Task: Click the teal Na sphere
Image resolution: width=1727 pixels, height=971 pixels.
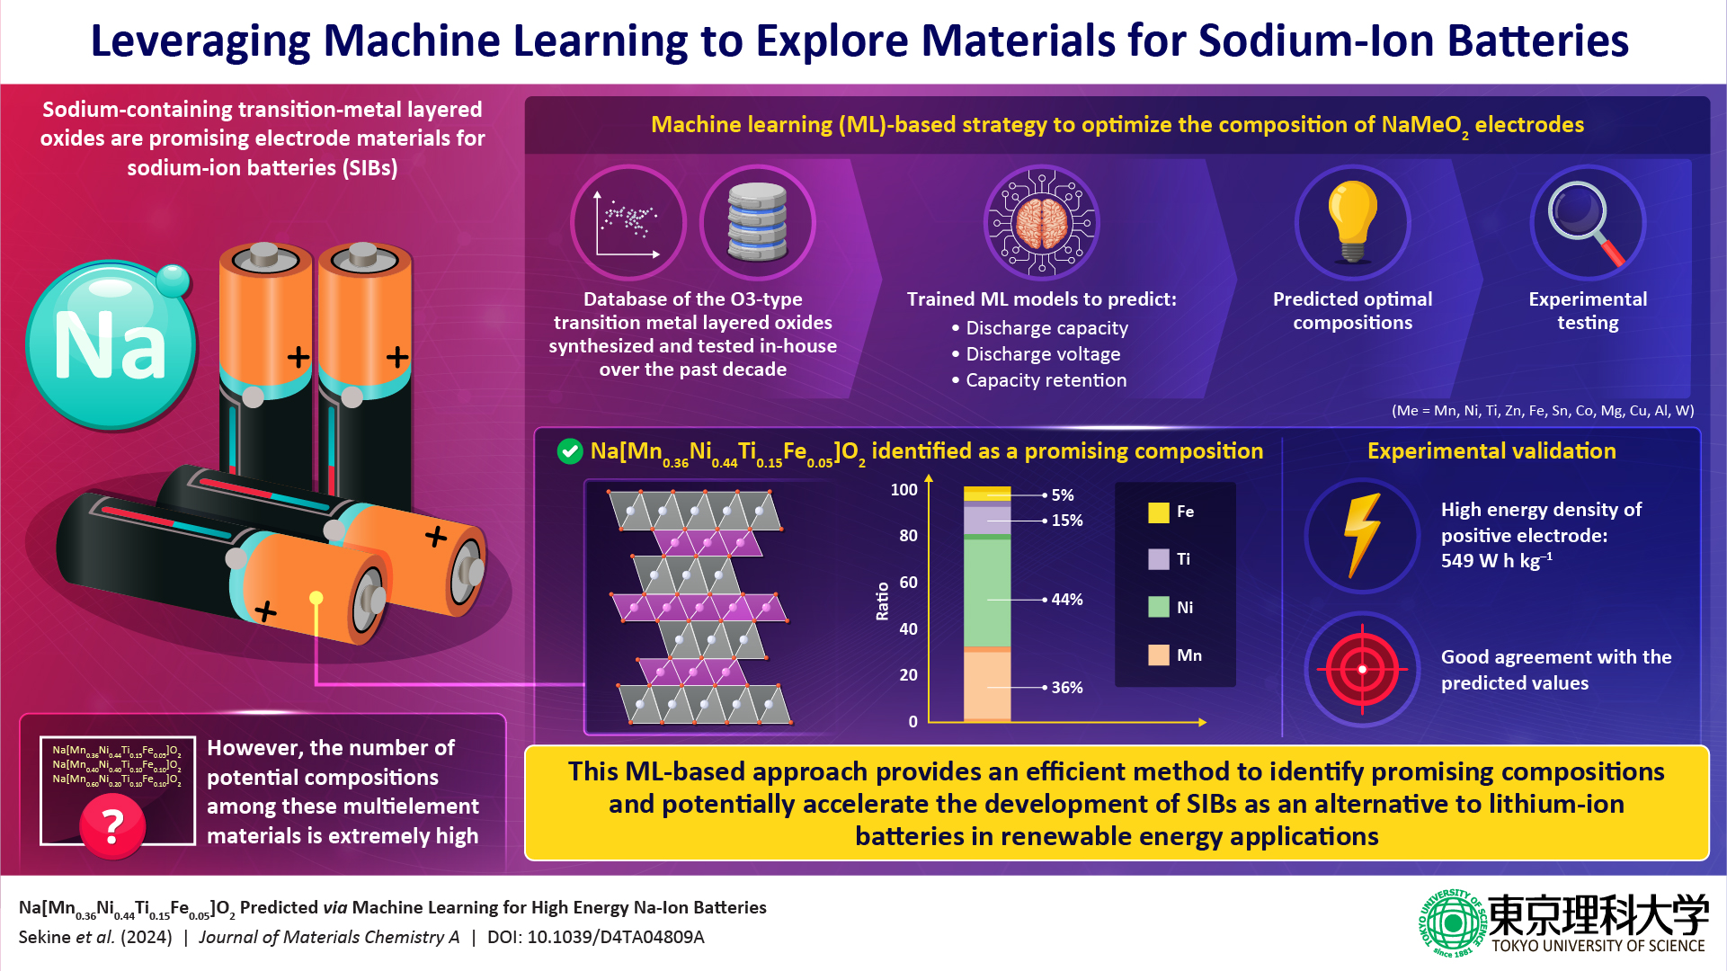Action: (110, 345)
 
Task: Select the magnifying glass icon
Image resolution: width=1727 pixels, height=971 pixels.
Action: (1587, 222)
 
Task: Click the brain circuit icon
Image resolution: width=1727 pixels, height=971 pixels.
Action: (1041, 222)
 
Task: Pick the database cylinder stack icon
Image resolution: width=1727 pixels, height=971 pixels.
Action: (757, 222)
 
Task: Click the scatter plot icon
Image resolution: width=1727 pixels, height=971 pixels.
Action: (628, 222)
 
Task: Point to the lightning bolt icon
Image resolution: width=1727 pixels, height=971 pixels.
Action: (1362, 535)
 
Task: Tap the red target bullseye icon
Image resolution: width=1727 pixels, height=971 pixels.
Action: (1362, 669)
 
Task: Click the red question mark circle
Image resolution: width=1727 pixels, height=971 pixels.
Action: (112, 826)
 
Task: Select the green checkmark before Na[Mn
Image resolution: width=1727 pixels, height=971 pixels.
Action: (570, 451)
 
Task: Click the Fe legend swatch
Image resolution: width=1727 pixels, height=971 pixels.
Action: (1159, 512)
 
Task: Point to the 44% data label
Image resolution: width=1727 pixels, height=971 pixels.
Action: (1067, 600)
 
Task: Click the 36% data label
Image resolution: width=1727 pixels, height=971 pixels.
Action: (1067, 688)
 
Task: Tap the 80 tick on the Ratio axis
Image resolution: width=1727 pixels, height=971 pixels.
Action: (908, 536)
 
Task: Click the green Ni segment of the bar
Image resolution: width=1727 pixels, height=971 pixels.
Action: (987, 593)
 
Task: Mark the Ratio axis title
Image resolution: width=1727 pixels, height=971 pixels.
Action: (882, 601)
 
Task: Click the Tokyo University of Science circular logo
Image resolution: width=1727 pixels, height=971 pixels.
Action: (1451, 922)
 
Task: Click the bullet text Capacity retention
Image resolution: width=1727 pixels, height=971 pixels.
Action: (1046, 380)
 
